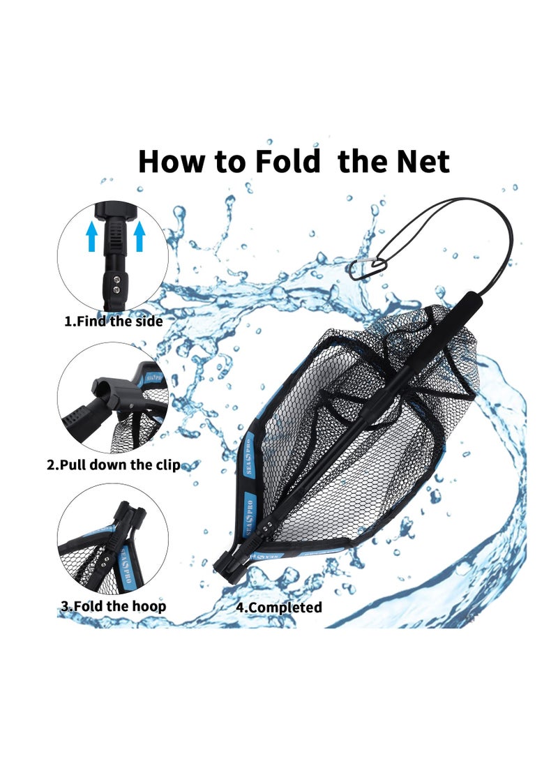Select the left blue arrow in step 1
pyautogui.click(x=91, y=238)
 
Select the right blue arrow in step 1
pyautogui.click(x=139, y=238)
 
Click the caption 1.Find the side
pyautogui.click(x=113, y=322)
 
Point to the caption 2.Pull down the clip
pyautogui.click(x=113, y=465)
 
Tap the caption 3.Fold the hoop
pyautogui.click(x=113, y=605)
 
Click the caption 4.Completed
pyautogui.click(x=278, y=607)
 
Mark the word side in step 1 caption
pyautogui.click(x=147, y=322)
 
